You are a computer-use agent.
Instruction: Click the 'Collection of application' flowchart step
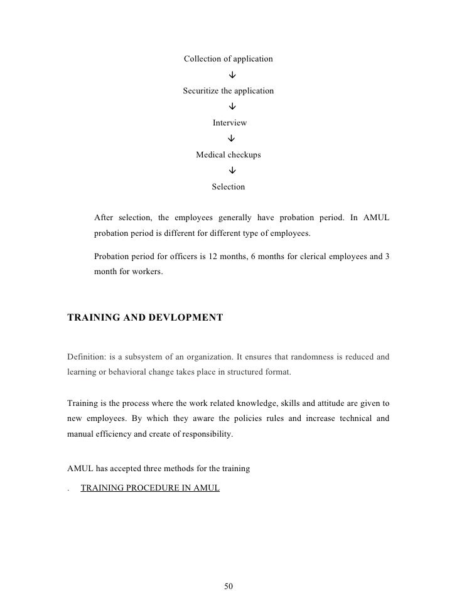228,59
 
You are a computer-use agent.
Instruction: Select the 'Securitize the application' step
228,91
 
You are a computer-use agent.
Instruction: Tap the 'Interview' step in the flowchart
229,123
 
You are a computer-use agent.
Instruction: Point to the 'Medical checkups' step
228,155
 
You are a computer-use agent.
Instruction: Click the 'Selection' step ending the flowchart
228,187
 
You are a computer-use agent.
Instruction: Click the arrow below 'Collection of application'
232,75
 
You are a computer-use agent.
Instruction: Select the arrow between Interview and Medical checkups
232,139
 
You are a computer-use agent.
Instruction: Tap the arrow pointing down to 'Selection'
232,171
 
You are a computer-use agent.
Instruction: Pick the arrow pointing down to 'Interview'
232,107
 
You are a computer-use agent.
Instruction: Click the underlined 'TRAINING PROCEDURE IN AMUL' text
150,487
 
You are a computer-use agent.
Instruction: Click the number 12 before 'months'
217,258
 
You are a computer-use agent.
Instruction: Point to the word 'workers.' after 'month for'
146,272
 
